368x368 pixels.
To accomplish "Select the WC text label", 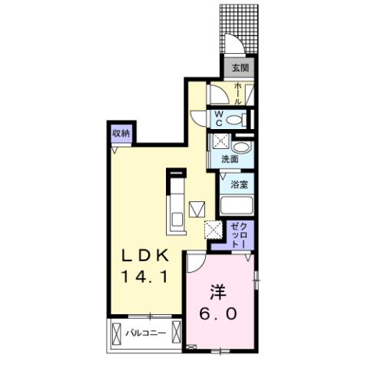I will (218, 119).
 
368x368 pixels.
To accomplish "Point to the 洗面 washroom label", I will (229, 160).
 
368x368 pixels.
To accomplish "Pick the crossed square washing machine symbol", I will (220, 141).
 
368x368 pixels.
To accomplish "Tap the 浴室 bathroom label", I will (237, 184).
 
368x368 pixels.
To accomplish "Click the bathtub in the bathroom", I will (237, 206).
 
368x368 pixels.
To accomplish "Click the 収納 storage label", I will (121, 134).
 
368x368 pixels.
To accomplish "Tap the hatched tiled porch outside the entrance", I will (240, 27).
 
